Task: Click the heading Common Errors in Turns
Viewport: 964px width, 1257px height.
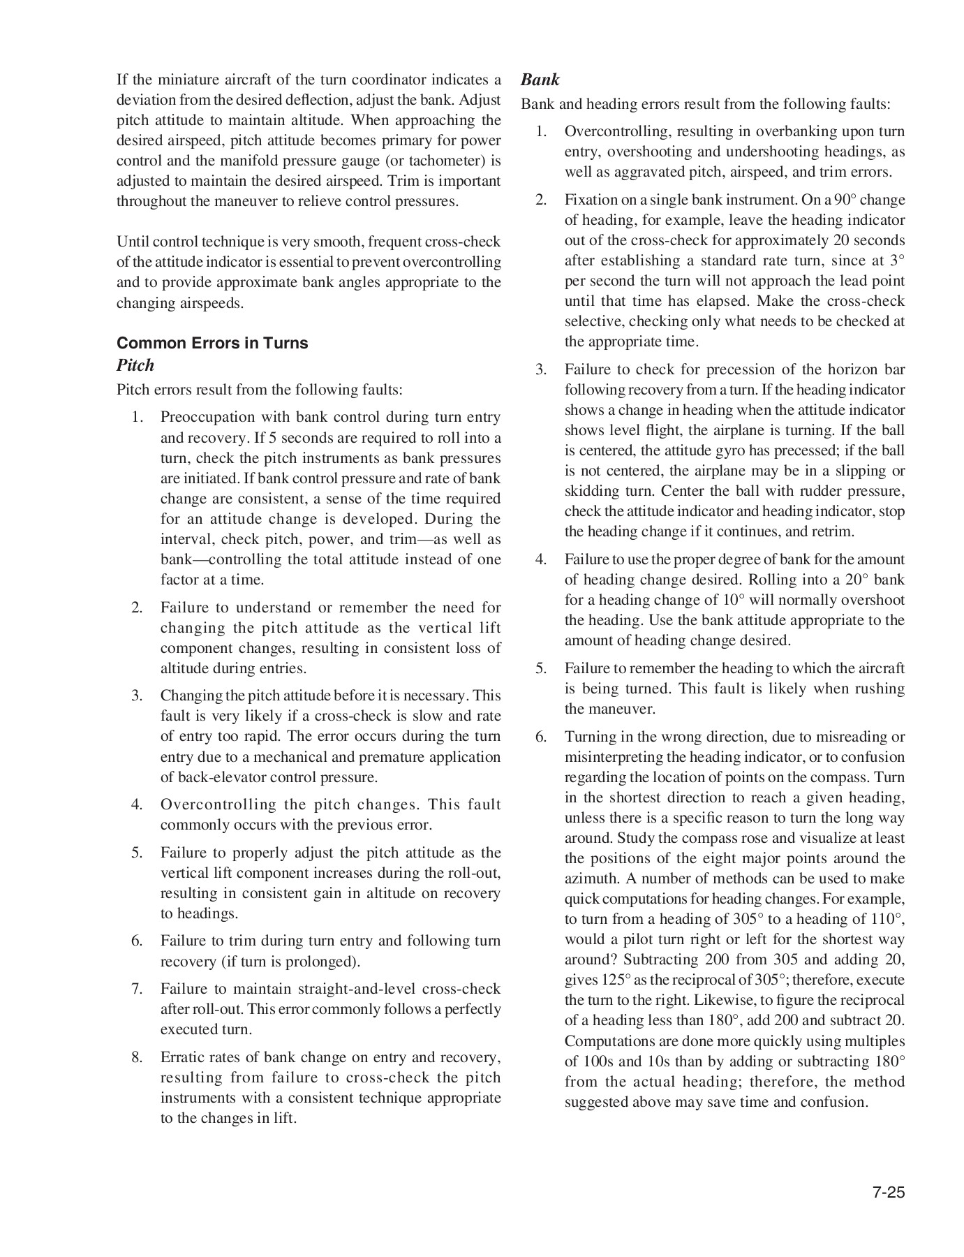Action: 212,343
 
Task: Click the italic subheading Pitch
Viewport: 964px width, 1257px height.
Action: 135,365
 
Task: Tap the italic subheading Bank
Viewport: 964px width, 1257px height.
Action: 540,80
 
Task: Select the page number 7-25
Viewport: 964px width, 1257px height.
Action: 888,1192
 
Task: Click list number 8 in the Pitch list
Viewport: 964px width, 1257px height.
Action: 137,1057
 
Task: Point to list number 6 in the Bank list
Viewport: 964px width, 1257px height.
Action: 541,737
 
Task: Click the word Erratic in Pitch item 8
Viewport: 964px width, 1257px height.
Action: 183,1057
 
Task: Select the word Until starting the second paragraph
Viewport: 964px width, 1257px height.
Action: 133,242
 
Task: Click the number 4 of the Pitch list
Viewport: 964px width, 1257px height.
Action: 137,804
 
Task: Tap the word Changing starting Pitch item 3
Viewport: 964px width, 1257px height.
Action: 188,696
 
